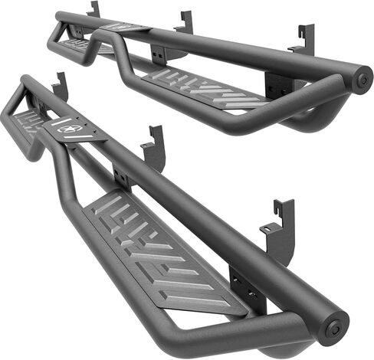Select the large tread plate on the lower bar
coord(161,250)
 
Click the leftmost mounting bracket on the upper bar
coord(93,9)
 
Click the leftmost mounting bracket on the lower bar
coord(59,86)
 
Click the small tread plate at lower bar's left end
coord(28,118)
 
